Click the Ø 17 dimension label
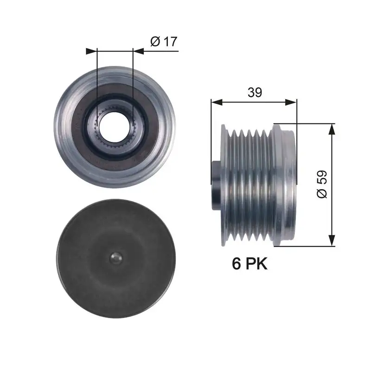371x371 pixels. (x=164, y=41)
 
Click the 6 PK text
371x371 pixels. (x=249, y=264)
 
